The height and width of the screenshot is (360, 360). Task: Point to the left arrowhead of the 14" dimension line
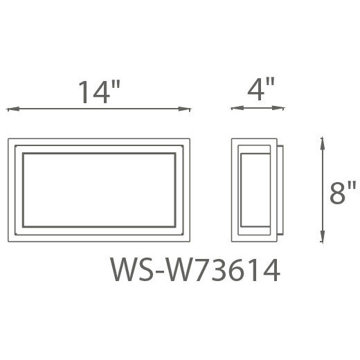pos(10,109)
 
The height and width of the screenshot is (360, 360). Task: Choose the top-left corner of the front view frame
pos(9,138)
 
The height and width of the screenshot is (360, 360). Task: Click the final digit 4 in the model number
pos(270,270)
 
